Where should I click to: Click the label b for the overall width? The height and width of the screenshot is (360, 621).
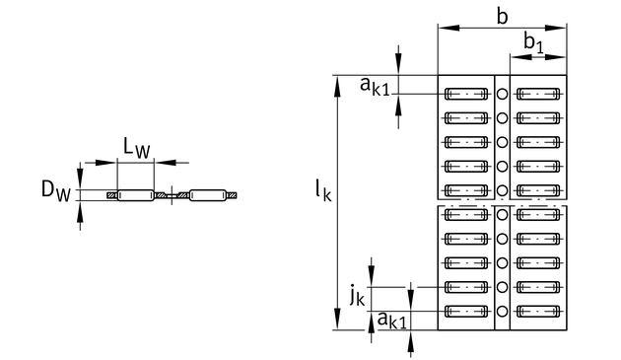pyautogui.click(x=502, y=17)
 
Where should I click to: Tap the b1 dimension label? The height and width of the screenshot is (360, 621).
pyautogui.click(x=533, y=42)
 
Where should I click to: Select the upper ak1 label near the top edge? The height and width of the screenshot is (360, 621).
pyautogui.click(x=375, y=87)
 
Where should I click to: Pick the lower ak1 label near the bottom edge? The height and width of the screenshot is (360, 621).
pyautogui.click(x=391, y=320)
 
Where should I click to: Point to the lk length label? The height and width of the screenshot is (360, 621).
pyautogui.click(x=323, y=190)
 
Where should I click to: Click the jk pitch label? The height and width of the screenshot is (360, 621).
pyautogui.click(x=357, y=296)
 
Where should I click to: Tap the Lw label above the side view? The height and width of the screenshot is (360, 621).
pyautogui.click(x=137, y=148)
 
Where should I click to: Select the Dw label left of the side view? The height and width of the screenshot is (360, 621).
pyautogui.click(x=56, y=191)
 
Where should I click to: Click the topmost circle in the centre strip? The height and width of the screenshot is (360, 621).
pyautogui.click(x=502, y=94)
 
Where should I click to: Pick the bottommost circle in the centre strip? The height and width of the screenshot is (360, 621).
pyautogui.click(x=502, y=312)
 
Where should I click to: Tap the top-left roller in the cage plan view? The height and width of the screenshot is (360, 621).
pyautogui.click(x=466, y=94)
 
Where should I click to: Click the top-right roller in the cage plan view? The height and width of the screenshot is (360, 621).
pyautogui.click(x=538, y=94)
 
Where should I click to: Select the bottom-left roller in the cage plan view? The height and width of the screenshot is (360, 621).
pyautogui.click(x=466, y=312)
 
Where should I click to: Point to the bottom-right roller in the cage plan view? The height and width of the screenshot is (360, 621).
pyautogui.click(x=538, y=312)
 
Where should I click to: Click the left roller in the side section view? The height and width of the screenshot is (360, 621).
pyautogui.click(x=135, y=195)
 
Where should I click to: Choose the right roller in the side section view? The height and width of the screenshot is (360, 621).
pyautogui.click(x=208, y=195)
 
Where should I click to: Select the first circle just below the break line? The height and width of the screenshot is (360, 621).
pyautogui.click(x=502, y=214)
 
